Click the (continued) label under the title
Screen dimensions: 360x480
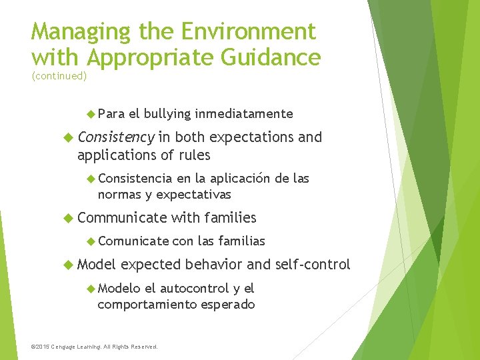(59, 76)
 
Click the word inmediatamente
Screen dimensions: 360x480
(244, 114)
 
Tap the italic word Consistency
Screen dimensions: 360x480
(115, 137)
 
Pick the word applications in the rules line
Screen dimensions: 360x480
(115, 155)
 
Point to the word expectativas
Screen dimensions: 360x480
(193, 195)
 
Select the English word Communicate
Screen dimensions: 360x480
(122, 217)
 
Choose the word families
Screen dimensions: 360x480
(230, 217)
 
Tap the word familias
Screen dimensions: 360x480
(241, 241)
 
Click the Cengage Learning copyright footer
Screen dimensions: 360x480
(95, 347)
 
